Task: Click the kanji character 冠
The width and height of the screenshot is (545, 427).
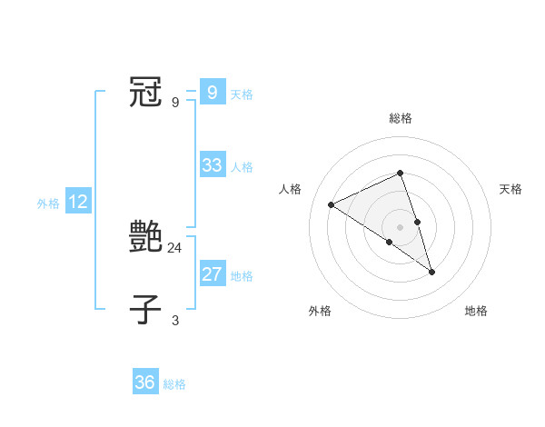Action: pyautogui.click(x=146, y=93)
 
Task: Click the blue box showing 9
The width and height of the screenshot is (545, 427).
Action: pyautogui.click(x=212, y=93)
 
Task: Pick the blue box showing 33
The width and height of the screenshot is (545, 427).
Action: pyautogui.click(x=212, y=165)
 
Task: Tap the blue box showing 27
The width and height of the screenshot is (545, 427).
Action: pyautogui.click(x=212, y=274)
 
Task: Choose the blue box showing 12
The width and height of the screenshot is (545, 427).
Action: pyautogui.click(x=77, y=203)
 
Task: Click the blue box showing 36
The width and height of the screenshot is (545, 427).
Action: pyautogui.click(x=145, y=382)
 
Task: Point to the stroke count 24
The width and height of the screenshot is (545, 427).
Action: pyautogui.click(x=176, y=247)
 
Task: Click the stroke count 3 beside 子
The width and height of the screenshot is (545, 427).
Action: pyautogui.click(x=175, y=320)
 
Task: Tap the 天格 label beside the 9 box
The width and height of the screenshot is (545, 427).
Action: pyautogui.click(x=242, y=94)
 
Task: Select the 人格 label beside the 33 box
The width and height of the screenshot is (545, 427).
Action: pyautogui.click(x=242, y=167)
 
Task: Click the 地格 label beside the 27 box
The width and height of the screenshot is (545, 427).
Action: pyautogui.click(x=242, y=276)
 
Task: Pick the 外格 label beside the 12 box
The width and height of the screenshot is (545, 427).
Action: pyautogui.click(x=48, y=204)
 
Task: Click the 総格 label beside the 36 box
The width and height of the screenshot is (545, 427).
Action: pyautogui.click(x=174, y=384)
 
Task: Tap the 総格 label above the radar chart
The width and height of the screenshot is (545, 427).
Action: pyautogui.click(x=400, y=119)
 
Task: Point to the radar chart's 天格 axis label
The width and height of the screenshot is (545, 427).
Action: pyautogui.click(x=510, y=189)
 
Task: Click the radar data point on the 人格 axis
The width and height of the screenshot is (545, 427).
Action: pyautogui.click(x=332, y=205)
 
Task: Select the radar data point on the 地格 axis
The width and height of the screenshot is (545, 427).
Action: pyautogui.click(x=431, y=272)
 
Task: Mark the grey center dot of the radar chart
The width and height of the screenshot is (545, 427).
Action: pyautogui.click(x=400, y=227)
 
